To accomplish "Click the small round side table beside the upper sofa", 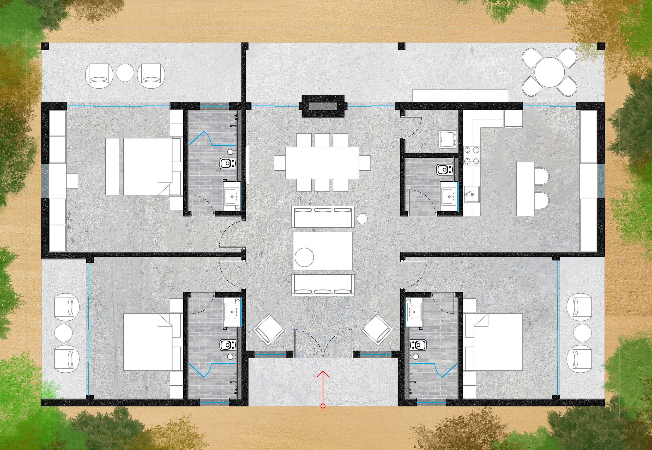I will tap(362, 219).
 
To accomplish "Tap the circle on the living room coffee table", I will tap(304, 257).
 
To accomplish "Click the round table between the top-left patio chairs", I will tap(125, 73).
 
